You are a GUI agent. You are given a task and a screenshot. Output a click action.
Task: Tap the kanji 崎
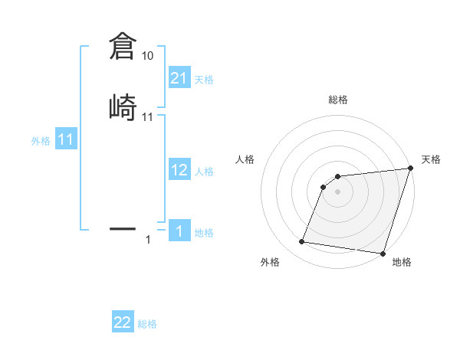122,106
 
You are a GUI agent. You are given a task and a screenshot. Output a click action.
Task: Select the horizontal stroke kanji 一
122,228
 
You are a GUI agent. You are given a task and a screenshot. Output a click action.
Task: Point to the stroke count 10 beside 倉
147,56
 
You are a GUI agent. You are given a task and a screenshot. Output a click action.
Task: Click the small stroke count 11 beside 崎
147,117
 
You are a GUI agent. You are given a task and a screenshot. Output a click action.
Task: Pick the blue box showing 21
179,77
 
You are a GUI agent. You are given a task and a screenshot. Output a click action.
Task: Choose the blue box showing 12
179,170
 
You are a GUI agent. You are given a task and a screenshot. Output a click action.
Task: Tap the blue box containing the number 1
179,231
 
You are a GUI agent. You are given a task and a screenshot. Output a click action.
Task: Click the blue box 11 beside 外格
65,139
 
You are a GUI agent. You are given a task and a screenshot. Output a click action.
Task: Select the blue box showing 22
123,322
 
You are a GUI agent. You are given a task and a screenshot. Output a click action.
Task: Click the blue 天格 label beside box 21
204,80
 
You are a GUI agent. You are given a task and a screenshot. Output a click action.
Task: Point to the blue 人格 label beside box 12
204,172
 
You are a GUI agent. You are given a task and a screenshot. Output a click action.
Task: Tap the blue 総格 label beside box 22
147,325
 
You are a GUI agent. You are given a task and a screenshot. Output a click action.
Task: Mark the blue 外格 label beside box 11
41,141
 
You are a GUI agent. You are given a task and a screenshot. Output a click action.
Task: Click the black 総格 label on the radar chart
338,100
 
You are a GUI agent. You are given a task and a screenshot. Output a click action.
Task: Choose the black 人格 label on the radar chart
245,159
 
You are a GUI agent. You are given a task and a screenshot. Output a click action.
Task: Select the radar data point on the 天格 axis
409,169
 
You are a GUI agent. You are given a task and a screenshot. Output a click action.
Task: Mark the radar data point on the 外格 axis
302,242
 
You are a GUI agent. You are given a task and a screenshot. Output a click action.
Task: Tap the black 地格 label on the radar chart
402,263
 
